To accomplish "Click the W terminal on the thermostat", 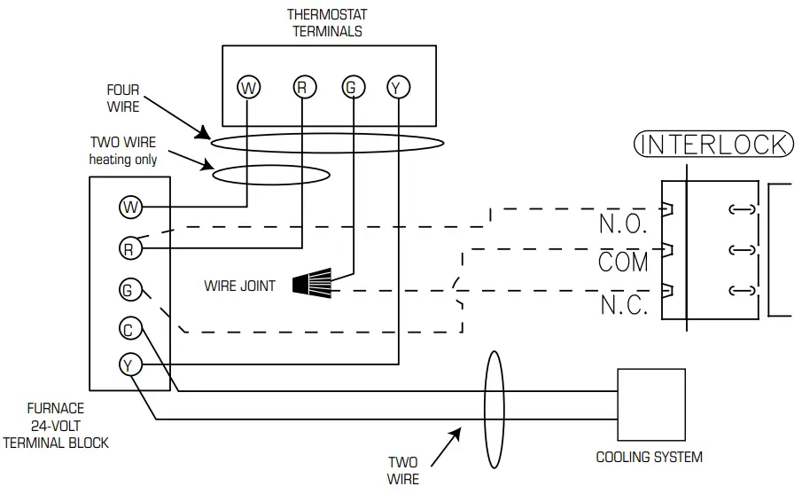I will tap(249, 87).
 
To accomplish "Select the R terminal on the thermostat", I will tap(302, 87).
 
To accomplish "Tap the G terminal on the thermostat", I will tap(352, 87).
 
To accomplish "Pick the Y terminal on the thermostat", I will tap(397, 87).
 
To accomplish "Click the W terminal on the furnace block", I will tap(130, 208).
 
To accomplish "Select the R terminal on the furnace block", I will tap(130, 249).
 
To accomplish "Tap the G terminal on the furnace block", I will tap(130, 289).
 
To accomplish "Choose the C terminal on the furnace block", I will tap(130, 330).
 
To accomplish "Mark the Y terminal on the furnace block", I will tap(130, 364).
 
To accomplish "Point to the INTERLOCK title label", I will tap(712, 145).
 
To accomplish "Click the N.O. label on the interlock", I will tap(624, 223).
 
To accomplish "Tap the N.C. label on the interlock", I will tap(624, 305).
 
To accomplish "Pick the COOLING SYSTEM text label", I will tap(649, 458).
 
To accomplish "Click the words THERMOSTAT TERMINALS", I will tap(325, 23).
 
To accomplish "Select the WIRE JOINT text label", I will tap(239, 286).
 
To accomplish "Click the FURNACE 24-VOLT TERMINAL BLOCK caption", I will tap(55, 425).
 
